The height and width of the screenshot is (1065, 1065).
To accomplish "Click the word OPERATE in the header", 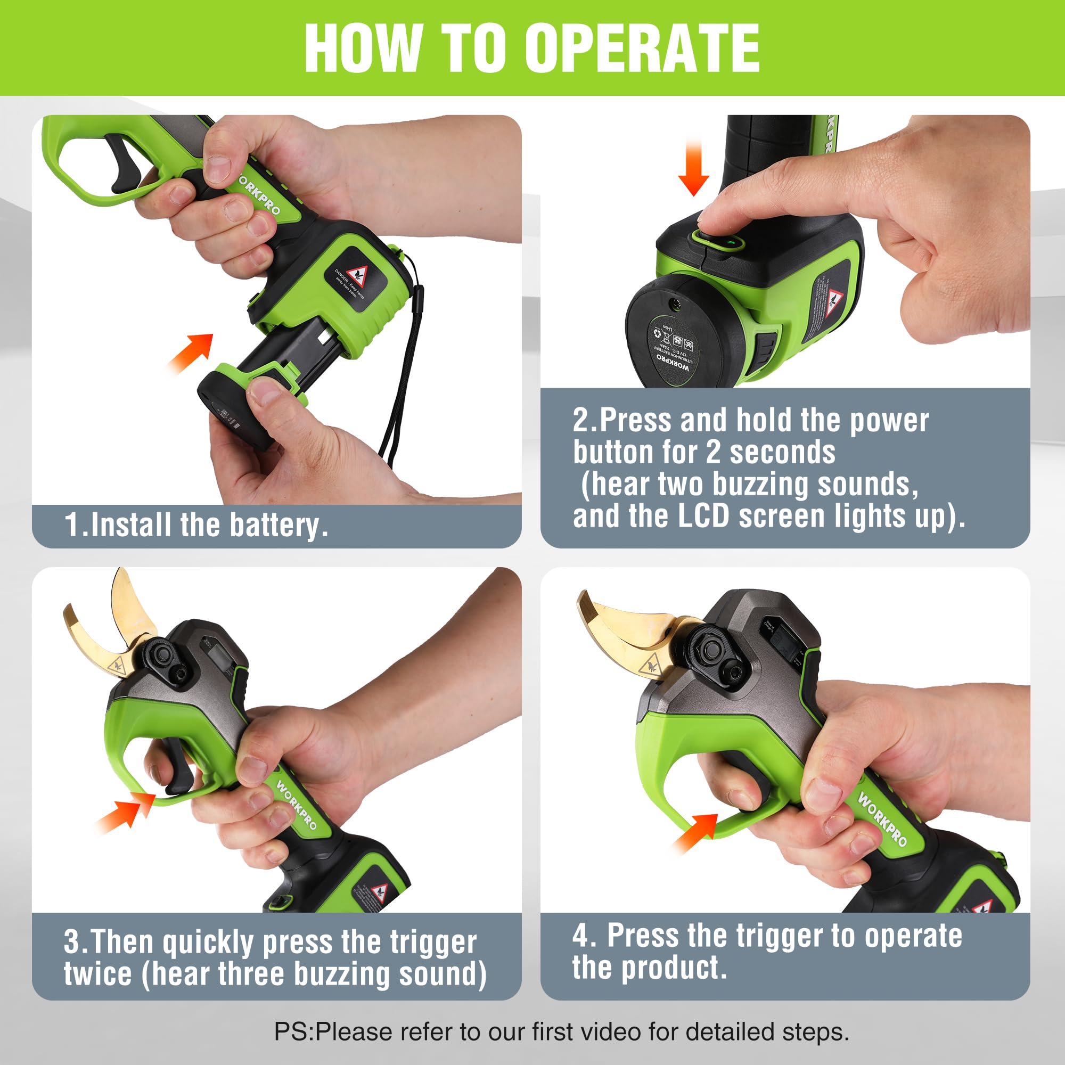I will pyautogui.click(x=642, y=48).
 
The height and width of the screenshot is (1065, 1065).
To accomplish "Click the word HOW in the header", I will pyautogui.click(x=363, y=48).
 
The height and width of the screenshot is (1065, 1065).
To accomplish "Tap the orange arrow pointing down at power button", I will pyautogui.click(x=693, y=168).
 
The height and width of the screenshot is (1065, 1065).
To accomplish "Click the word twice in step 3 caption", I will pyautogui.click(x=97, y=974).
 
